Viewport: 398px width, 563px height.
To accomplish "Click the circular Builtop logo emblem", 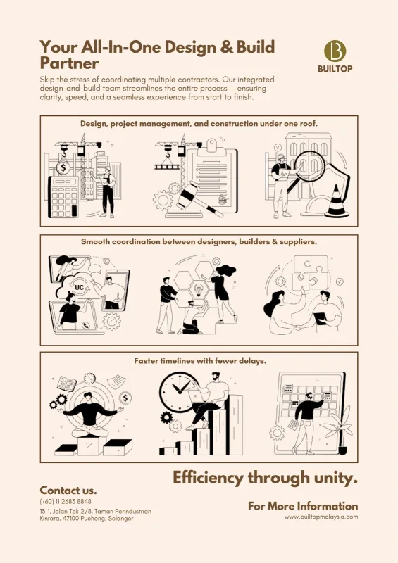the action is pos(335,51).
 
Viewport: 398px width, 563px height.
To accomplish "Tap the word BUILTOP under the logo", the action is pos(335,68).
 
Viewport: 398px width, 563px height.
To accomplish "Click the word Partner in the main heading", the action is pos(70,63).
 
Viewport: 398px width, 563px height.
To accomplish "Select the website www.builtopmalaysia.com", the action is pos(321,517).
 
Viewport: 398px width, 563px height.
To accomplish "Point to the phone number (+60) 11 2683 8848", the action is pos(66,501).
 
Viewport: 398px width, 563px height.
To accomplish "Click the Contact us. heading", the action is pos(68,490).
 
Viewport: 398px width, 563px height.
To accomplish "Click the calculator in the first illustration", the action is pos(63,197).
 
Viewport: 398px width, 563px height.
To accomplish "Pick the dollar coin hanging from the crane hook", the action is pos(63,167).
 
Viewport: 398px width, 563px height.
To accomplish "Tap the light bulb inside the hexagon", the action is pos(197,289).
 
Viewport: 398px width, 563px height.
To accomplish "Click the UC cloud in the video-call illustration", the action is pos(78,287).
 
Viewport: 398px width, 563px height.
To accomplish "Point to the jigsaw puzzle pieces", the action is pos(310,272).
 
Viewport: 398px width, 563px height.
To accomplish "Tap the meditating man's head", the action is pos(88,396).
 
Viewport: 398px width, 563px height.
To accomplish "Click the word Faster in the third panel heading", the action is pos(146,360).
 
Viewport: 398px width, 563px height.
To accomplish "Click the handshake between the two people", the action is pos(297,327).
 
